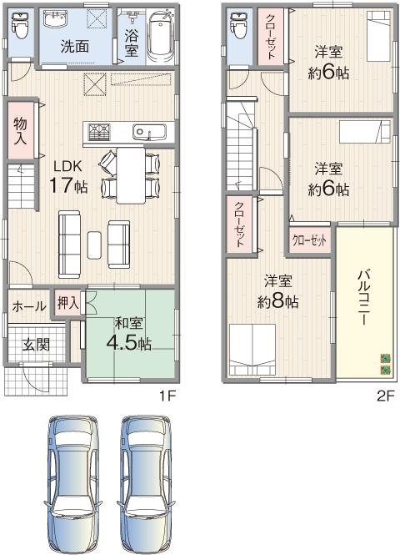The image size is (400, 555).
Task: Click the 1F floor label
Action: pos(168,396)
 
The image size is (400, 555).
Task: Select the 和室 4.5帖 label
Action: pos(127,334)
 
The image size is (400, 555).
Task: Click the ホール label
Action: pos(29,306)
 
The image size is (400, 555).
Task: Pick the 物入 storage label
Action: pos(20,132)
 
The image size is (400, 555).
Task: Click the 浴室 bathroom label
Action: pos(132,43)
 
